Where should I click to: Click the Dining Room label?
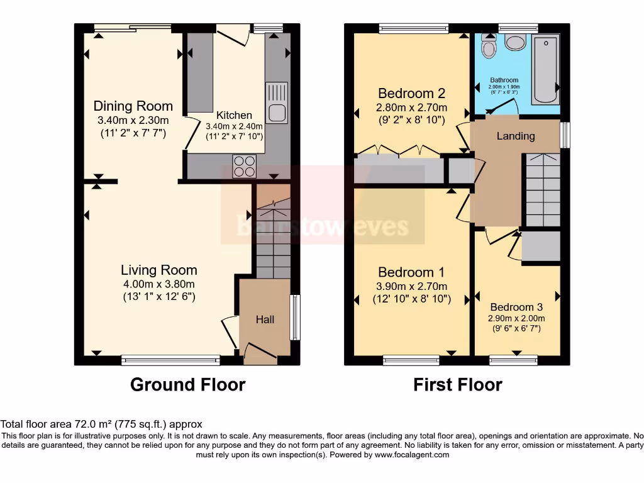point(133,106)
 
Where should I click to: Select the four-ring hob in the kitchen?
point(245,166)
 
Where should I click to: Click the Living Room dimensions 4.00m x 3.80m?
point(159,284)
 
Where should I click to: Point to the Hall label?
point(265,319)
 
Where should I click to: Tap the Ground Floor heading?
point(187,384)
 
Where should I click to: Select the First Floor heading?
point(457,384)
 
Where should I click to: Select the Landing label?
point(516,136)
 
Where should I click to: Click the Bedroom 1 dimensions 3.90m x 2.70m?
point(411,286)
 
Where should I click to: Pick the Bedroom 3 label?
point(516,307)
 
